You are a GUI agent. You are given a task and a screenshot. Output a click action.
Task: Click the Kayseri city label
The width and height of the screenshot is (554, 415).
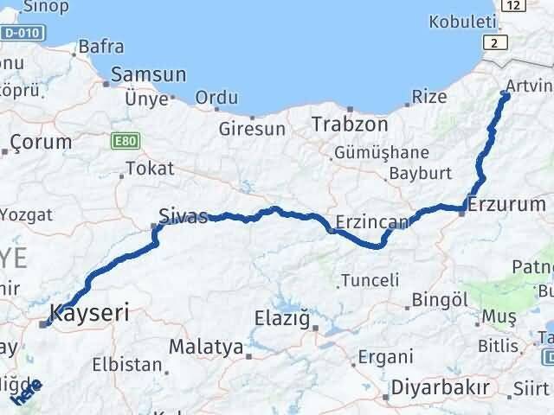click(90, 312)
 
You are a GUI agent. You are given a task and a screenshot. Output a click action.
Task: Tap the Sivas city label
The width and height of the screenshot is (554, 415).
click(184, 215)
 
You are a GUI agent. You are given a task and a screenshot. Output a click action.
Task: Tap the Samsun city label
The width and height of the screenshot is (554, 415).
click(149, 75)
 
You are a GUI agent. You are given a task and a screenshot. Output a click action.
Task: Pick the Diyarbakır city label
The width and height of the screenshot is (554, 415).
click(440, 386)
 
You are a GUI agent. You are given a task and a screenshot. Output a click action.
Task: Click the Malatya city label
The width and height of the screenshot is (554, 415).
click(206, 348)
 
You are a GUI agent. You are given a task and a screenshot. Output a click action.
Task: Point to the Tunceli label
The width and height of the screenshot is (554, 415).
click(370, 280)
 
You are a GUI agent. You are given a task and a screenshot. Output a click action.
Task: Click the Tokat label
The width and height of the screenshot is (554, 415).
click(150, 169)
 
